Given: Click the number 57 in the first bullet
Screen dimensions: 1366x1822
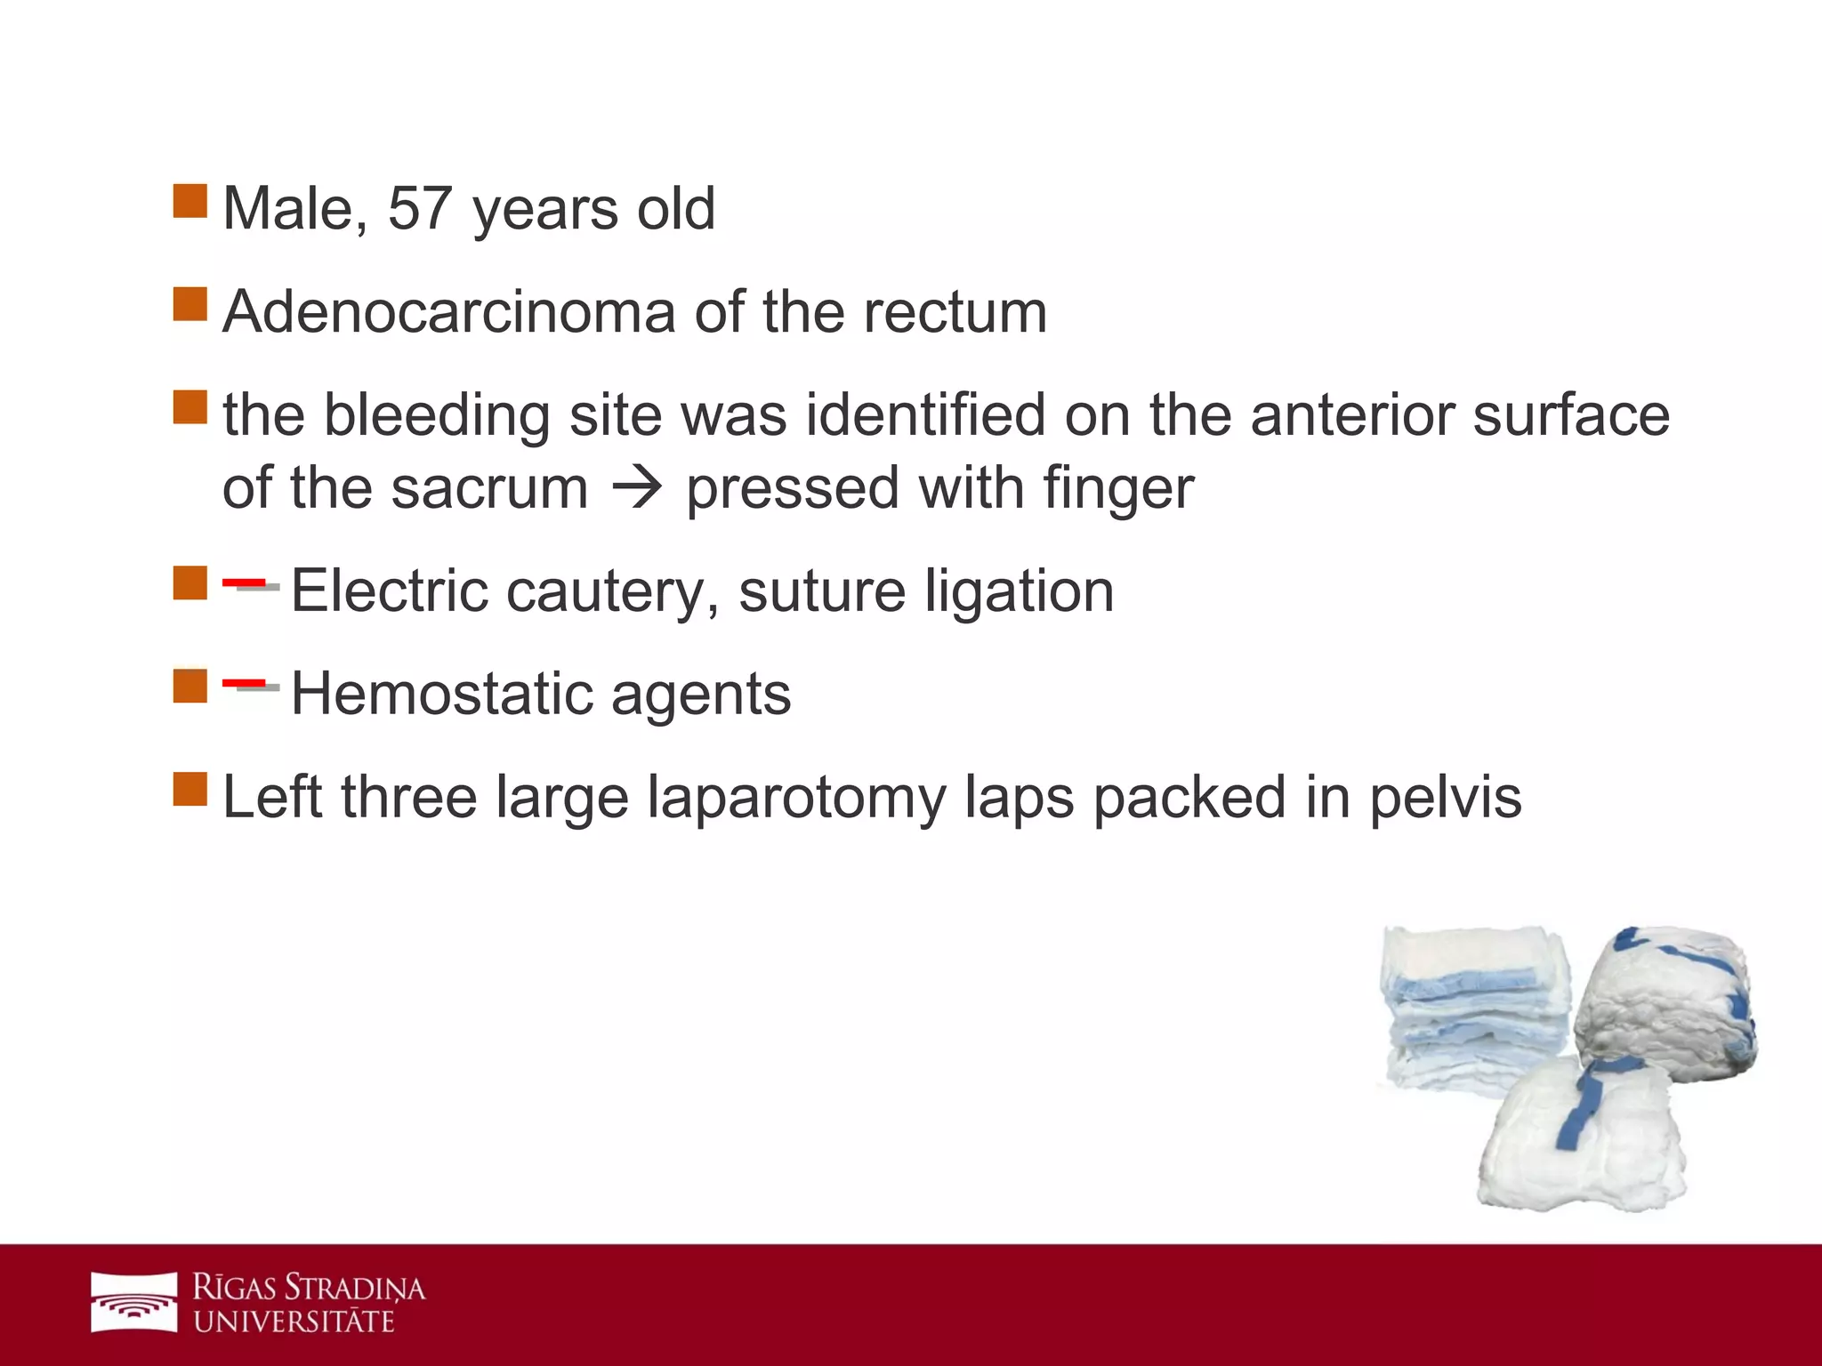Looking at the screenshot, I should tap(419, 209).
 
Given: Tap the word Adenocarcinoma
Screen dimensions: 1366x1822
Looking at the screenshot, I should tap(449, 312).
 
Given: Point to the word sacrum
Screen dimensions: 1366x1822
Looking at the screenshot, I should tap(489, 489).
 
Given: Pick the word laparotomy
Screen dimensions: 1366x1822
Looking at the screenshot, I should tap(795, 798).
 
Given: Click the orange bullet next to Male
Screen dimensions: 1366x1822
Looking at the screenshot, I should tap(189, 201).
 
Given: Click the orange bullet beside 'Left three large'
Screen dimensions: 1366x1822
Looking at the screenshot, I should tap(189, 789).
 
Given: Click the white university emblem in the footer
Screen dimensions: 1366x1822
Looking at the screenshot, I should tap(134, 1303).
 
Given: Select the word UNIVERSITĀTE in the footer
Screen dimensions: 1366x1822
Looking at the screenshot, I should tap(294, 1322).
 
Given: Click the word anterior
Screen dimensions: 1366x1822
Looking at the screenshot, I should tap(1351, 415).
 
